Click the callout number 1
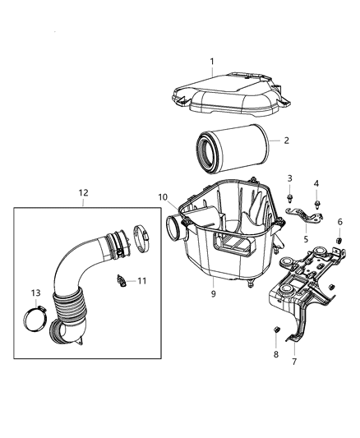[x=211, y=62]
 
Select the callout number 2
[x=287, y=141]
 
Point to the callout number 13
[x=35, y=293]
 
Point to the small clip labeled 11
[x=124, y=281]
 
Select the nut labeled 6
[x=338, y=239]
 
